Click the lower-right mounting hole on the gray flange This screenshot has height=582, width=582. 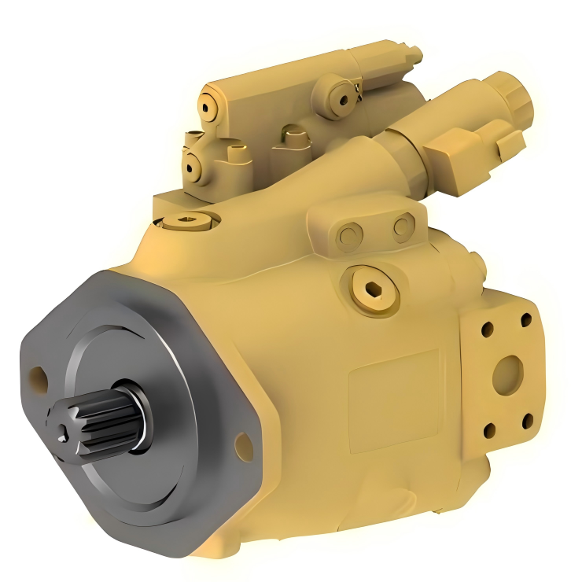point(244,448)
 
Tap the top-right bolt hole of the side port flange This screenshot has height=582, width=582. point(526,321)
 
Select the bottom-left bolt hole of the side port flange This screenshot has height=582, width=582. point(489,429)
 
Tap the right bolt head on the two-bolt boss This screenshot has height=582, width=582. point(403,227)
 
